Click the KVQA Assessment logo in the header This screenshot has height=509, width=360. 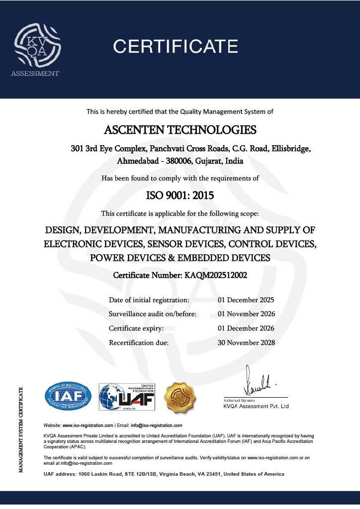[x=36, y=47]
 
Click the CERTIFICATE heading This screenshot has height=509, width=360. [x=176, y=47]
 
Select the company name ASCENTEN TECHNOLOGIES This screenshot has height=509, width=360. [x=180, y=130]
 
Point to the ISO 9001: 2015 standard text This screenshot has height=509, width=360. [x=180, y=195]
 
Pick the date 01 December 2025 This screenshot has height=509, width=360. [x=246, y=300]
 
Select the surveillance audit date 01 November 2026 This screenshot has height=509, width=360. [x=246, y=314]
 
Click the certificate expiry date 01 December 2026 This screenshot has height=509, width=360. [x=246, y=329]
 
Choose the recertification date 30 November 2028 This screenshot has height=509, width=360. [x=246, y=342]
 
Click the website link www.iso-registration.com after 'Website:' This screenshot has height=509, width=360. [x=88, y=426]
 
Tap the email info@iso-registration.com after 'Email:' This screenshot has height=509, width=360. [x=156, y=426]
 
